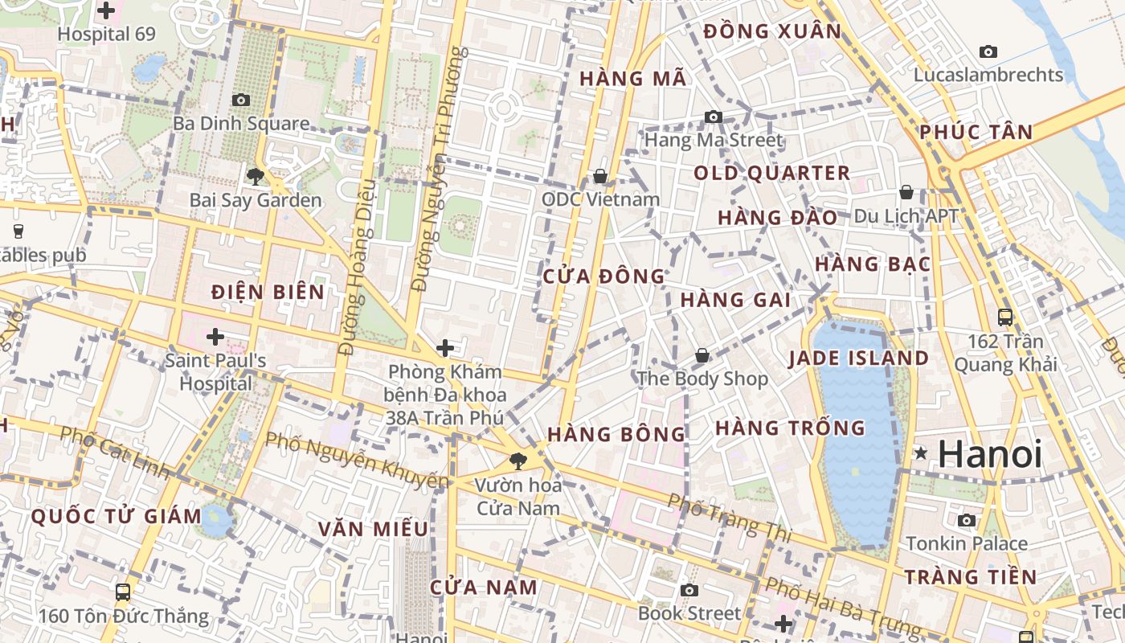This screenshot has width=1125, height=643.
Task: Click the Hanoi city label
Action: point(989,454)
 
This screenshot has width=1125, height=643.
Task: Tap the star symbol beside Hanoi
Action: point(921,454)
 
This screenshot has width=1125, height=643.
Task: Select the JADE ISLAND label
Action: point(859,358)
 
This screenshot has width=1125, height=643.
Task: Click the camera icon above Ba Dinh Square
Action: point(240,100)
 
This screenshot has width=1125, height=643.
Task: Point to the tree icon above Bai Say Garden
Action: point(256,176)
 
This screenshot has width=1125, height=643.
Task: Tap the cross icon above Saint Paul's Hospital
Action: point(215,336)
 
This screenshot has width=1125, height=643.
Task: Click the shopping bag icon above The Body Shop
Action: point(702,355)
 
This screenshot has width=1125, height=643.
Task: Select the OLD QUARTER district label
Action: point(771,174)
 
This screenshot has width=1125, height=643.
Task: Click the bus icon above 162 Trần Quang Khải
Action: point(1004,317)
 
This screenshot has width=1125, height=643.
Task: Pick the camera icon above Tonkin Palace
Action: point(967,520)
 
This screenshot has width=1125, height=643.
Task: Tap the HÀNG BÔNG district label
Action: point(616,435)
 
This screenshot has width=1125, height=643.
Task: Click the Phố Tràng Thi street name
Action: point(730,517)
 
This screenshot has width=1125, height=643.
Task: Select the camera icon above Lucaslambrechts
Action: point(988,52)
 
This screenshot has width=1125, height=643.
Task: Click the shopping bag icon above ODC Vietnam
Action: point(600,175)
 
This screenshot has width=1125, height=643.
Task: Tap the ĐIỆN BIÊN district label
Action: point(268,293)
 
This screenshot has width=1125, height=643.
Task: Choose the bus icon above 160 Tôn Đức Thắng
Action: point(123,592)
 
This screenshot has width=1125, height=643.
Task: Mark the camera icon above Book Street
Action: point(689,590)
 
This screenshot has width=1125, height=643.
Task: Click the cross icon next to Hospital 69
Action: point(106,11)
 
